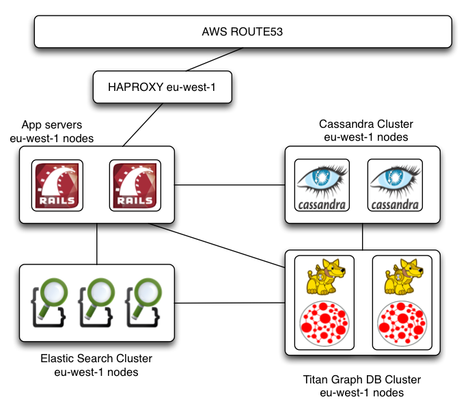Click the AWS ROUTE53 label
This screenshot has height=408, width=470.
[242, 31]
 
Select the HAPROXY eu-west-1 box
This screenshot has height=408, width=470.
[162, 87]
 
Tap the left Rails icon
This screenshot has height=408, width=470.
[58, 185]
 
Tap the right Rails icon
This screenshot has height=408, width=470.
[136, 185]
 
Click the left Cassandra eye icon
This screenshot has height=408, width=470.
[322, 185]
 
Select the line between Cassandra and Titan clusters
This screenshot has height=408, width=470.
[363, 241]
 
